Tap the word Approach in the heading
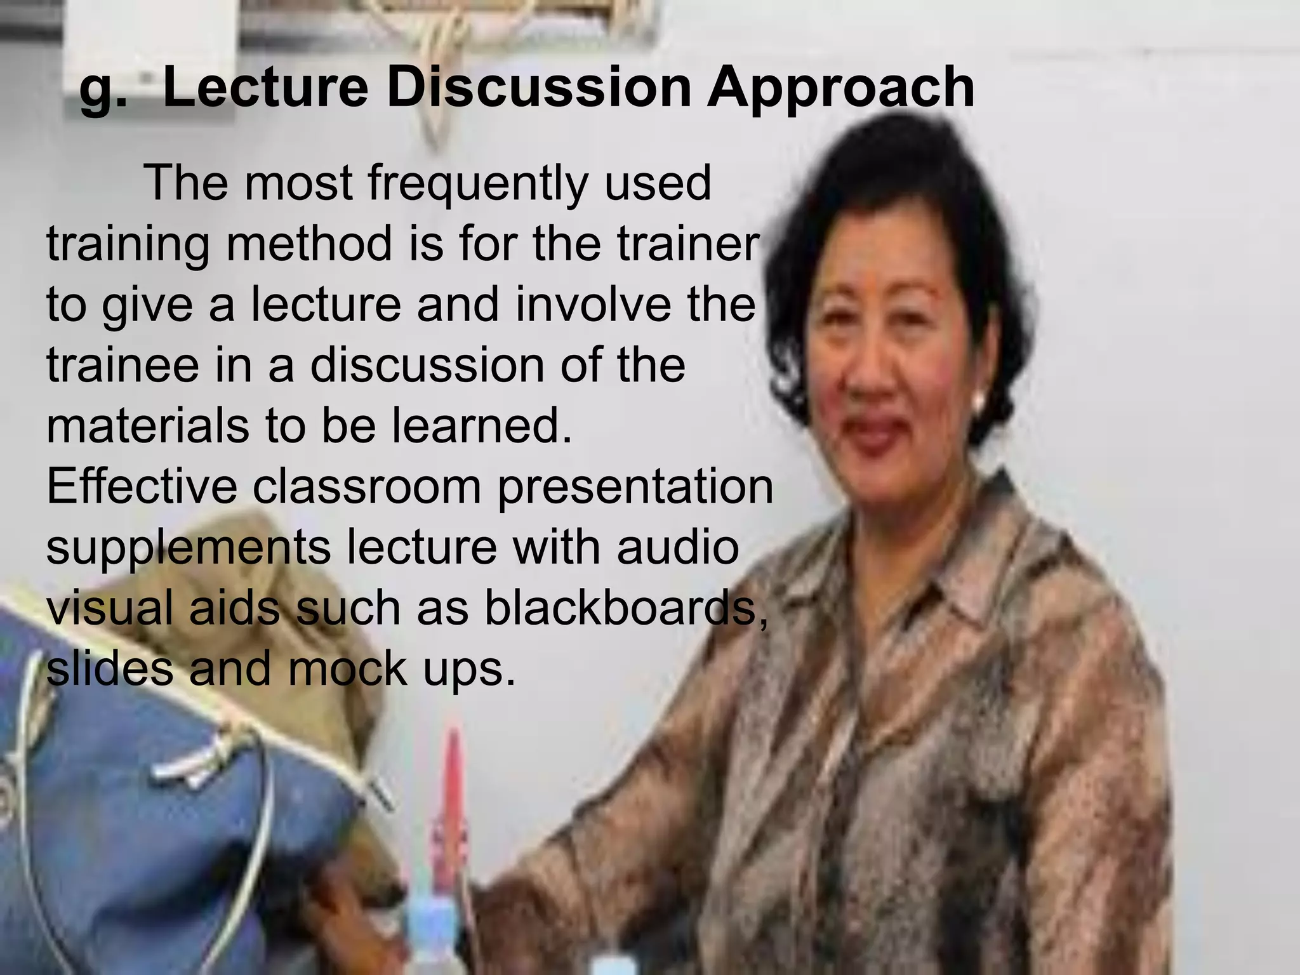[840, 89]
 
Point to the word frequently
[478, 185]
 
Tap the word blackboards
[625, 608]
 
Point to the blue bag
[159, 825]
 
